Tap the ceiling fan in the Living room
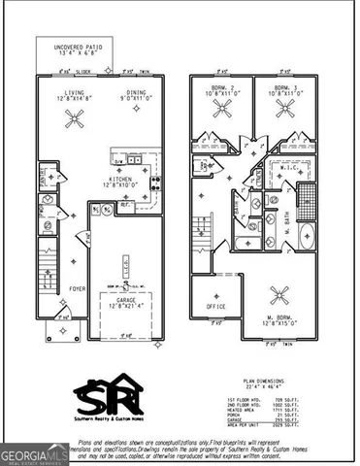coord(74,118)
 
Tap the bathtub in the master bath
coord(308,237)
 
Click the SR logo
coord(108,395)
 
